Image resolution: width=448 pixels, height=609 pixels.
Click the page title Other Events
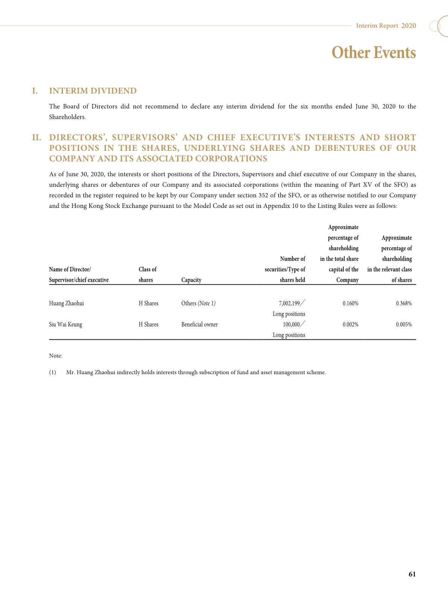(373, 52)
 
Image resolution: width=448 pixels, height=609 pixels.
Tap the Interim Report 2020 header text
(386, 26)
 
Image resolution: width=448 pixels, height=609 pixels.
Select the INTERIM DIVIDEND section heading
(93, 91)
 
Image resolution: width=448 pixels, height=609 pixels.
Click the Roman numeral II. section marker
(37, 137)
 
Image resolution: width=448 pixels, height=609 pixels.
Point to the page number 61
(412, 574)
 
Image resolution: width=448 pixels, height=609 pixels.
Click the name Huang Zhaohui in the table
(66, 303)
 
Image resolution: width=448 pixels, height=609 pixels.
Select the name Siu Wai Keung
(66, 324)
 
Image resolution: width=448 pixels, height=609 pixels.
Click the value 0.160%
(350, 303)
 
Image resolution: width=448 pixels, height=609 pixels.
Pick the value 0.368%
(404, 303)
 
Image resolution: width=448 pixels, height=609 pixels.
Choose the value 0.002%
(350, 324)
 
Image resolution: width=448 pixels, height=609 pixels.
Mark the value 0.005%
(404, 324)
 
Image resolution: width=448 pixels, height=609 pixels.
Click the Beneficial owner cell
(200, 324)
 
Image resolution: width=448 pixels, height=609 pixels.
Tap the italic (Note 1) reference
(207, 303)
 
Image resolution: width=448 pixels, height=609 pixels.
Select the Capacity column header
(191, 280)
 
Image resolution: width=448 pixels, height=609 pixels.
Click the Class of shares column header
(148, 275)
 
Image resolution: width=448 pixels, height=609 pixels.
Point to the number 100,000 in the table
(291, 324)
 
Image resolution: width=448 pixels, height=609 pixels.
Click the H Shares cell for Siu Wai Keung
(148, 324)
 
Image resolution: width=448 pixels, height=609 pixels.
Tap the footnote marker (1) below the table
(52, 372)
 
